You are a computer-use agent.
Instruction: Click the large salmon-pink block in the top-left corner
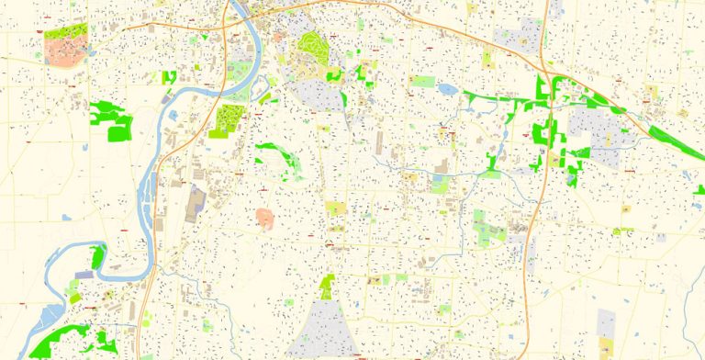click(62, 51)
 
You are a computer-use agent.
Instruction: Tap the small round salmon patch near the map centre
click(264, 218)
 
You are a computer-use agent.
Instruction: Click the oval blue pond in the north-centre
click(448, 90)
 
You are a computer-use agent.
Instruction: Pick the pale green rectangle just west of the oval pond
click(422, 82)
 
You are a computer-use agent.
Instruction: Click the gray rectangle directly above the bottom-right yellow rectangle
click(606, 321)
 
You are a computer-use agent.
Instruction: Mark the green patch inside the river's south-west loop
click(97, 258)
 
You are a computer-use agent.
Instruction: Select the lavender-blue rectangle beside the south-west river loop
click(84, 275)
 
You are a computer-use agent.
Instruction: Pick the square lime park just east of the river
click(227, 120)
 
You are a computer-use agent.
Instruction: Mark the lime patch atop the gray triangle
click(328, 287)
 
